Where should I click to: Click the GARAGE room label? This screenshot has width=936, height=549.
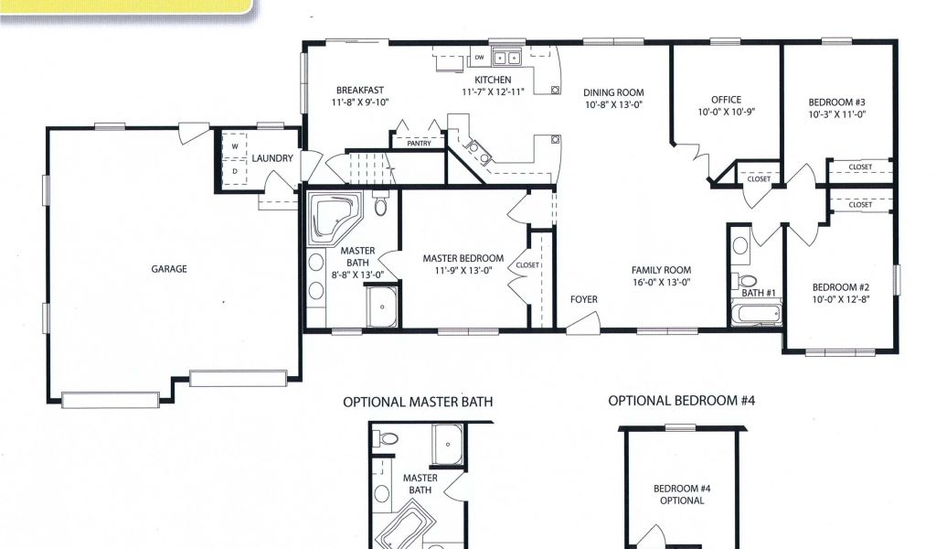coord(169,269)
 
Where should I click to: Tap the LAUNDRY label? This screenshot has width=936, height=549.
coord(272,158)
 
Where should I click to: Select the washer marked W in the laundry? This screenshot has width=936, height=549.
coord(235,145)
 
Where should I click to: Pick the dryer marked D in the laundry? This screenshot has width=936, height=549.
coord(235,171)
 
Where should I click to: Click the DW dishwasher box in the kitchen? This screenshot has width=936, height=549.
coord(479,58)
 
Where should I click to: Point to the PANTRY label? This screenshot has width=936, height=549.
coord(419,144)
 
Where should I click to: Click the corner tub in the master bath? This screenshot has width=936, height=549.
coord(335,218)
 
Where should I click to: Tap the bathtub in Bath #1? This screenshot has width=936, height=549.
coord(756,314)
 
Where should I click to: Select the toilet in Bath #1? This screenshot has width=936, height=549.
coord(746,280)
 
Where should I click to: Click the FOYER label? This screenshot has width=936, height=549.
coord(584,299)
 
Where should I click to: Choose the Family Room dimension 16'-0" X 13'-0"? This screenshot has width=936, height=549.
coord(662,283)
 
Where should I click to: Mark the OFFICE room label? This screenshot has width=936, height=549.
coord(727,100)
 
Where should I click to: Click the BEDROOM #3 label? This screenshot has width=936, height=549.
coord(837,102)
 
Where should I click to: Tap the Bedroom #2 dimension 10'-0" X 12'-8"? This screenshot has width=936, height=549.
coord(841,299)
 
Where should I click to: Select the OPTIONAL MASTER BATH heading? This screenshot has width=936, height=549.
coord(418,402)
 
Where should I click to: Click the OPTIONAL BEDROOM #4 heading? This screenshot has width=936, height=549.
coord(682,400)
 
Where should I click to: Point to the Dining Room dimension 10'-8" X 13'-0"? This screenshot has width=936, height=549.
coord(613,104)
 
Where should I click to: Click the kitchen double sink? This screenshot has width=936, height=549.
coord(506,58)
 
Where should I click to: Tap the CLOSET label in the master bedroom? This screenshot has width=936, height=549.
coord(527,265)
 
